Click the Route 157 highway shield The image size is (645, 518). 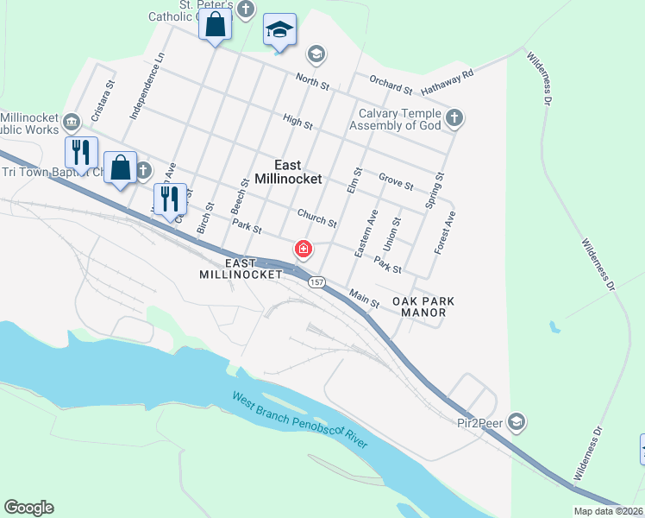[316, 282]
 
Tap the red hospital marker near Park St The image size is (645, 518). [303, 250]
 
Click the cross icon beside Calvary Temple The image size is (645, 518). [454, 117]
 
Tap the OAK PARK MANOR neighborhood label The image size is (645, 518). [423, 306]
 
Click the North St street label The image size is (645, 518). [312, 84]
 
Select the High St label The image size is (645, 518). [297, 123]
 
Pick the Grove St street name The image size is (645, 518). [396, 181]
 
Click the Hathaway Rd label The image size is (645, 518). [448, 83]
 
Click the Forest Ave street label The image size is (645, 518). [445, 231]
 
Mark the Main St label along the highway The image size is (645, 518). [364, 298]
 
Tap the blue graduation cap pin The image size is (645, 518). [279, 30]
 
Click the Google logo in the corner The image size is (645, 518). [28, 508]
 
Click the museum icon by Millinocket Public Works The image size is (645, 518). [72, 120]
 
